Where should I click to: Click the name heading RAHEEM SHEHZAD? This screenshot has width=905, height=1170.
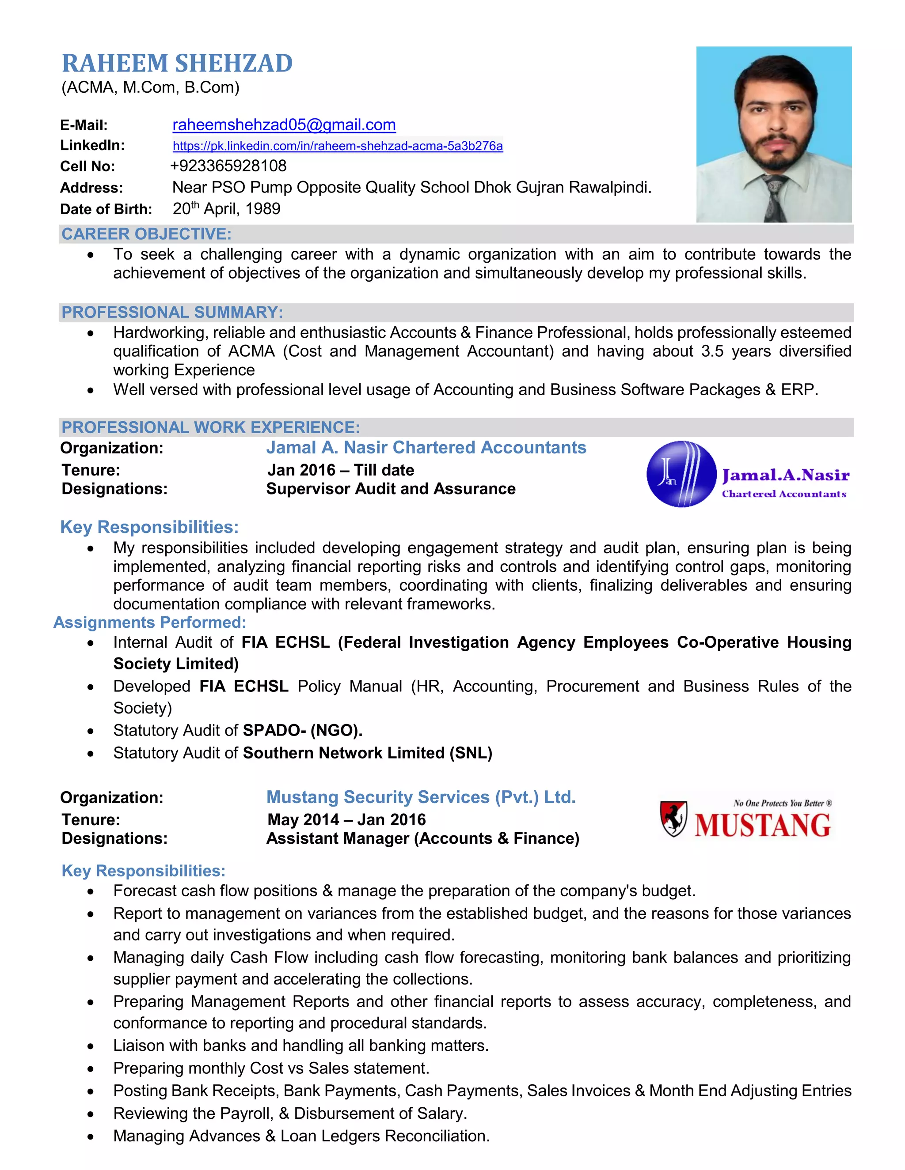coord(177,63)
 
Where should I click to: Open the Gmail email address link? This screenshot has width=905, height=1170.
coord(284,125)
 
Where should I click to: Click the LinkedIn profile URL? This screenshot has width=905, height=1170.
coord(337,146)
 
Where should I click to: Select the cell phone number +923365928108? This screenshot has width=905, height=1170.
coord(228,166)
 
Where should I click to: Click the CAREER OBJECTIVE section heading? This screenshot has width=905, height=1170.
coord(146,234)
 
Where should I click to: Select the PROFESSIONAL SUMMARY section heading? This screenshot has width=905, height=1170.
coord(172,312)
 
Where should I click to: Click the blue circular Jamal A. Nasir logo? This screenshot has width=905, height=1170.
coord(681,474)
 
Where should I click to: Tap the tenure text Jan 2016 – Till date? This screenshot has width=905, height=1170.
coord(340,470)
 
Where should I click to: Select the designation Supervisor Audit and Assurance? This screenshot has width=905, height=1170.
coord(391,489)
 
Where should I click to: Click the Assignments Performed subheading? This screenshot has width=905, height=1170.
coord(150,623)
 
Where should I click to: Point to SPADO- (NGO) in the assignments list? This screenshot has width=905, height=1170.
coord(302,730)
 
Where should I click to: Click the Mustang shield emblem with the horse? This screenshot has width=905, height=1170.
coord(673,819)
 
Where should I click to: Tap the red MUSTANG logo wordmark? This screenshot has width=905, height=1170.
coord(762,825)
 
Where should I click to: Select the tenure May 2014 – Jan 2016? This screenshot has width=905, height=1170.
coord(346,819)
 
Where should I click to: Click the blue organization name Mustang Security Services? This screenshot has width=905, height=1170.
coord(421,797)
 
